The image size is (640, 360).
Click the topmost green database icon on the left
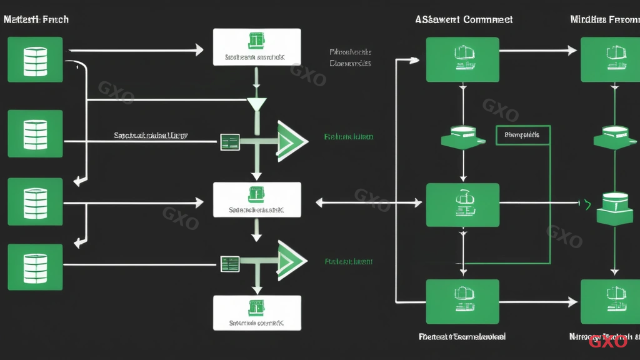point(35,59)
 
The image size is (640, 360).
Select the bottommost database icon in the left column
point(35,267)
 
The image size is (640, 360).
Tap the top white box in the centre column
point(257,47)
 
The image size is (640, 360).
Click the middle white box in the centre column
point(257,200)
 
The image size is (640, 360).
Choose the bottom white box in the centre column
point(257,312)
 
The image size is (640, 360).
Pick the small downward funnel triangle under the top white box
point(257,104)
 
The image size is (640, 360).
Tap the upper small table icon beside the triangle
point(230,142)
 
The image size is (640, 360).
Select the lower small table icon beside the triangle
point(230,263)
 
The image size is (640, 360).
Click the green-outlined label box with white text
point(522,134)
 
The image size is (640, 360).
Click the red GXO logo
point(607,341)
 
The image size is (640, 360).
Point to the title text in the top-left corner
point(36,19)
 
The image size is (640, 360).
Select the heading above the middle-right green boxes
point(464,19)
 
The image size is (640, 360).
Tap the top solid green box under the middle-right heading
point(462,59)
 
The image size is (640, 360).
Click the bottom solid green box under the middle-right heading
point(462,301)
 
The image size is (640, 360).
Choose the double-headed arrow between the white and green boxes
point(369,202)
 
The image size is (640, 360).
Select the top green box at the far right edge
point(610,59)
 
